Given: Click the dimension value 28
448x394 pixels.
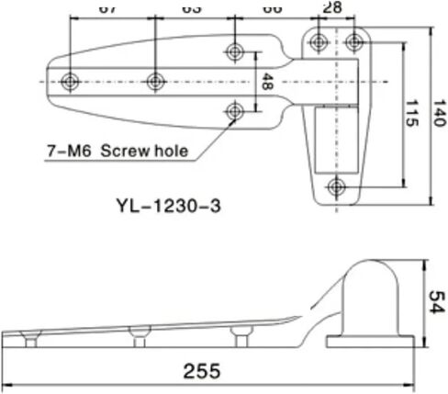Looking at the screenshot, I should pos(332,7).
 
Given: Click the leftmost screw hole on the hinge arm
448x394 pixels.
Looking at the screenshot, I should pos(71,81).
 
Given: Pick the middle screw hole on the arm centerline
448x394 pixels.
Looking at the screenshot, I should pos(157,81).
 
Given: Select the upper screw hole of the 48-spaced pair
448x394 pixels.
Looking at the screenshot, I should pos(237,50).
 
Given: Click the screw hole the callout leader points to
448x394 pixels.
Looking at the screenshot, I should pos(237,111).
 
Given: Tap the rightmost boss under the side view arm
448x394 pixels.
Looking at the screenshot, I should pos(241,336).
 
